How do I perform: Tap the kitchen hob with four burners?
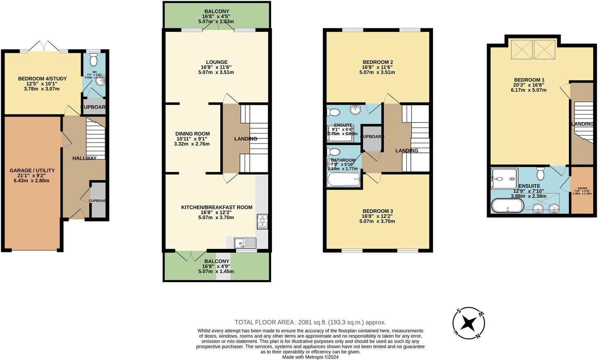[x=262, y=221]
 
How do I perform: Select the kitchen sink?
[x=245, y=243]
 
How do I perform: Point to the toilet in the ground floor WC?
[x=93, y=60]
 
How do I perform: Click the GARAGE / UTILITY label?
[x=32, y=170]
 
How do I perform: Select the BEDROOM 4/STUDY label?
[x=42, y=79]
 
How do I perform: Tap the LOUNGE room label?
[x=217, y=62]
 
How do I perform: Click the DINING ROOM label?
[x=192, y=134]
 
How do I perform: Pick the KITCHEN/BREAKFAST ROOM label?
[x=217, y=207]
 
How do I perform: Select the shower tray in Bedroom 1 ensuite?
[x=504, y=179]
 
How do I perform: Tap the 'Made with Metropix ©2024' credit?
[x=310, y=357]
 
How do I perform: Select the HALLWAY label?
[x=84, y=158]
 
